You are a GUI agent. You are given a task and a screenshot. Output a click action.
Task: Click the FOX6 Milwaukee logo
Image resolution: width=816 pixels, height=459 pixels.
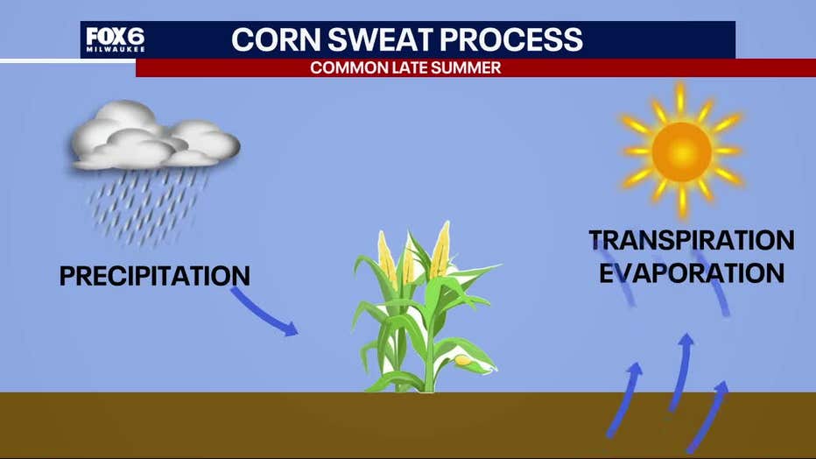click(115, 39)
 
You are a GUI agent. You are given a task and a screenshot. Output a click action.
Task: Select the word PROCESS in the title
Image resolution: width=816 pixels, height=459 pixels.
click(512, 39)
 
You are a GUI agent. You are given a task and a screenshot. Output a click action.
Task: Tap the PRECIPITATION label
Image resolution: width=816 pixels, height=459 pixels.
click(155, 276)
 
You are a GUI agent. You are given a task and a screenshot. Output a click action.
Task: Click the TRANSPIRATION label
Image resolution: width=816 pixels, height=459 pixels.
click(692, 240)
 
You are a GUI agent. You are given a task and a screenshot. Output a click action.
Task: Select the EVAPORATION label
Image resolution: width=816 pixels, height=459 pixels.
click(692, 273)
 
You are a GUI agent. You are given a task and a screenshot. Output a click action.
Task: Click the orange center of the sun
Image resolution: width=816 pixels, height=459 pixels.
click(682, 152)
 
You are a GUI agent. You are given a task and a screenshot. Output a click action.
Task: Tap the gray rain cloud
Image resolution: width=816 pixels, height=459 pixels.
click(155, 135)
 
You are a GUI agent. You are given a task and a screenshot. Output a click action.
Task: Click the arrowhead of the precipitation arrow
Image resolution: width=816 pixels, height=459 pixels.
click(291, 328)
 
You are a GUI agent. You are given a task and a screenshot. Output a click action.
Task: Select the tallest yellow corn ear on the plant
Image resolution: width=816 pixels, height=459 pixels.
click(440, 250)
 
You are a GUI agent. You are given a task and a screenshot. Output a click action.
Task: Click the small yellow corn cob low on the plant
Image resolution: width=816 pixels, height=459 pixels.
click(462, 360)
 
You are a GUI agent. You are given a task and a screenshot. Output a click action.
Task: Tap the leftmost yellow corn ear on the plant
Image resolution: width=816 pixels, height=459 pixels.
click(387, 258)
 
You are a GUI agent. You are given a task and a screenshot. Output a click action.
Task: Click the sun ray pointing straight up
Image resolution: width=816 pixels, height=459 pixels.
click(680, 97)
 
